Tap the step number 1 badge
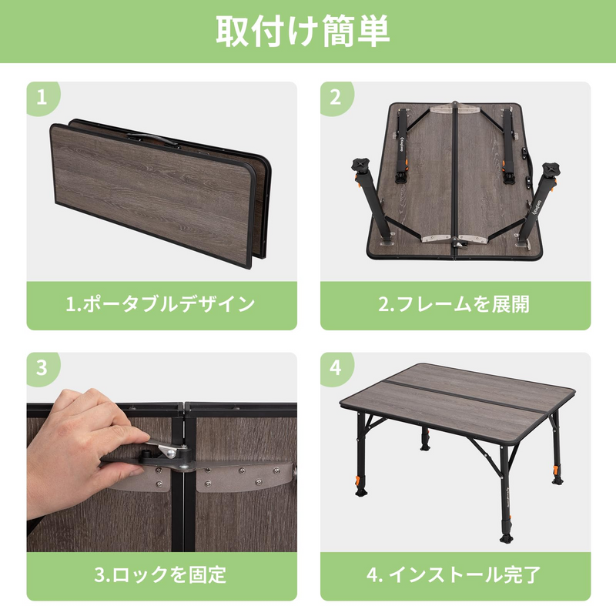tap(43, 98)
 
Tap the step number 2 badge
tap(335, 98)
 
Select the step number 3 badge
tap(43, 368)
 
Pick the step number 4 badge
tap(335, 368)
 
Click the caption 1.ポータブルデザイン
tap(161, 304)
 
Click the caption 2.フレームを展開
tap(454, 304)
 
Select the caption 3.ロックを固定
tap(161, 574)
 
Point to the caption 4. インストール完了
tap(454, 574)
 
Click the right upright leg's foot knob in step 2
tap(552, 170)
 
